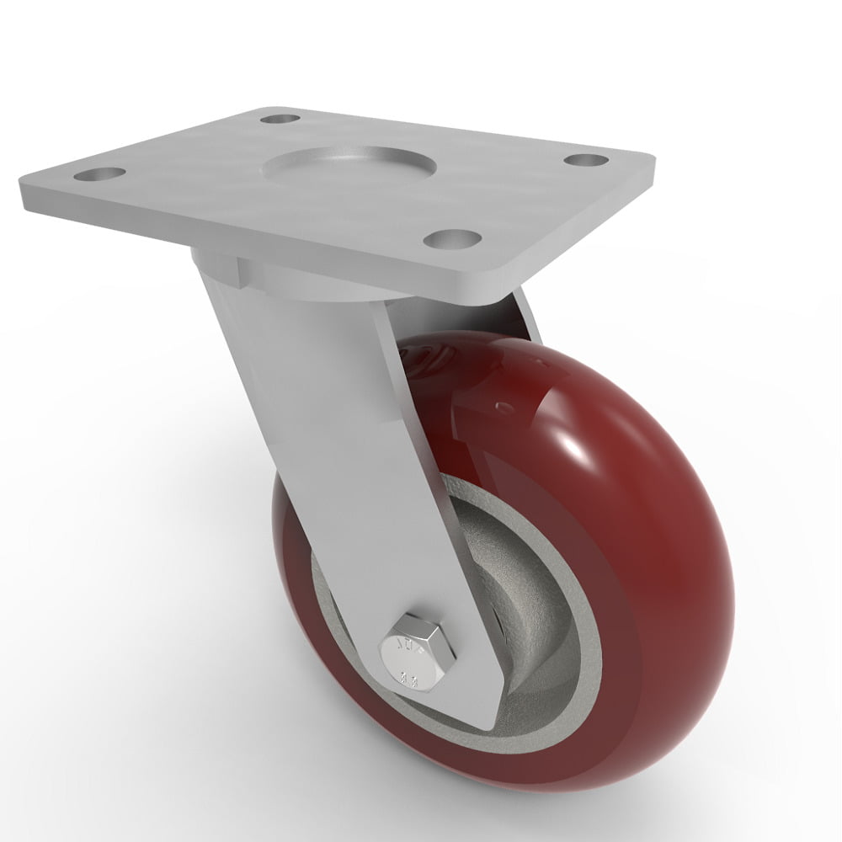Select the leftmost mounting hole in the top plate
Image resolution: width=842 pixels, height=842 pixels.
(x=99, y=175)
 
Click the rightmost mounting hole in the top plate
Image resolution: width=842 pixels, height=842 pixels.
(x=587, y=158)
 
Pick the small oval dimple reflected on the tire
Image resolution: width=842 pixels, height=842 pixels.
(x=504, y=408)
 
